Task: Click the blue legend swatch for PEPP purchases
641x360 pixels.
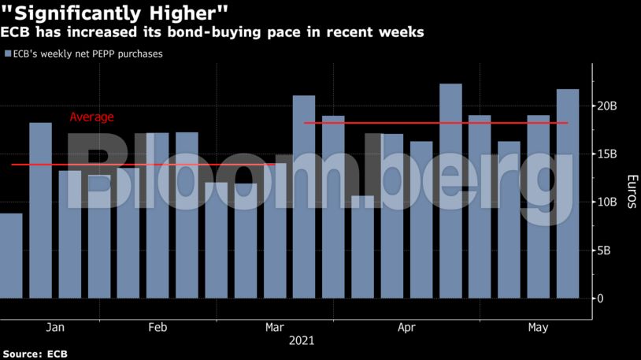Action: pyautogui.click(x=7, y=54)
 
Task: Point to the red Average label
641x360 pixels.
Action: pyautogui.click(x=91, y=117)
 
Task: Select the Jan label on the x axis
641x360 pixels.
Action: pyautogui.click(x=55, y=327)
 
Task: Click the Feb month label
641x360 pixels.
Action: pyautogui.click(x=157, y=327)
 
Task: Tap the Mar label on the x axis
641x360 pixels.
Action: pyautogui.click(x=275, y=327)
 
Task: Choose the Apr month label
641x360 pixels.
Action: pyautogui.click(x=406, y=327)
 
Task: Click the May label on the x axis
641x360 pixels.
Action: pyautogui.click(x=538, y=327)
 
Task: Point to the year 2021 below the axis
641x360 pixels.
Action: pyautogui.click(x=302, y=341)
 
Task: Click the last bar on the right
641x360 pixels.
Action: pyautogui.click(x=568, y=194)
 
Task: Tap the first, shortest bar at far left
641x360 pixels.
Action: pyautogui.click(x=11, y=256)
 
